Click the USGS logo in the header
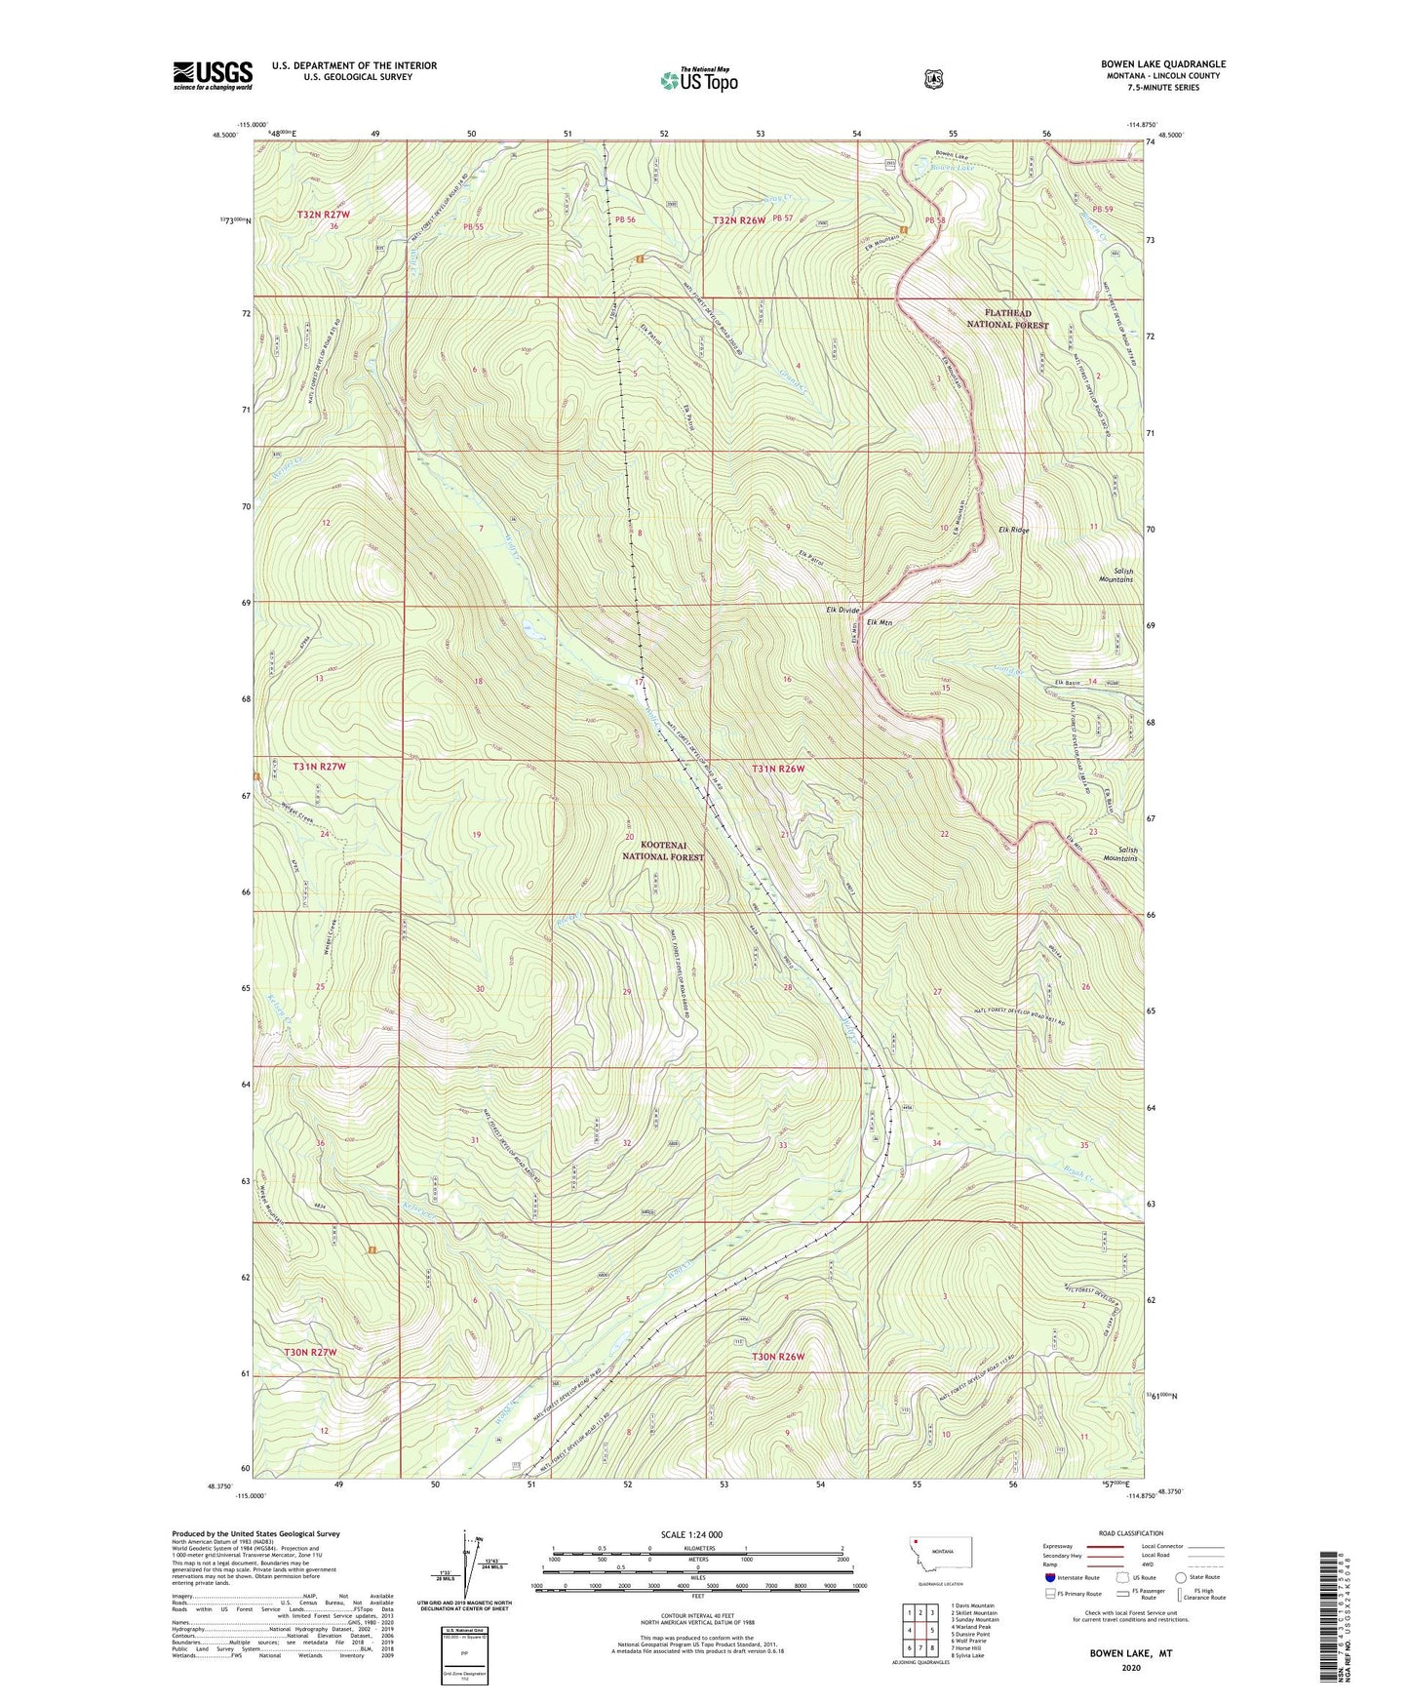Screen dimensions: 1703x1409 point(213,75)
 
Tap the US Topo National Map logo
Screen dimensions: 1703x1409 point(698,79)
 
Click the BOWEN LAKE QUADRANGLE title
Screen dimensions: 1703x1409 point(1163,64)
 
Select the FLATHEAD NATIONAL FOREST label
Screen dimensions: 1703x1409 point(1007,319)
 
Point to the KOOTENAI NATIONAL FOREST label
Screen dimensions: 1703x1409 point(663,851)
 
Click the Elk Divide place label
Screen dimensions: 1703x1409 point(841,610)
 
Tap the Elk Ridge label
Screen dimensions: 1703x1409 point(1013,530)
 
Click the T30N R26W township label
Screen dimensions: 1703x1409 point(777,1357)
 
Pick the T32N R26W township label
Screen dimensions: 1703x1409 point(738,220)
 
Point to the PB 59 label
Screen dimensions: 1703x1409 point(1102,210)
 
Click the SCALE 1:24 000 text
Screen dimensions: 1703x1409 point(691,1534)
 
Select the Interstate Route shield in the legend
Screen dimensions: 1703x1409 point(1050,1577)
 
